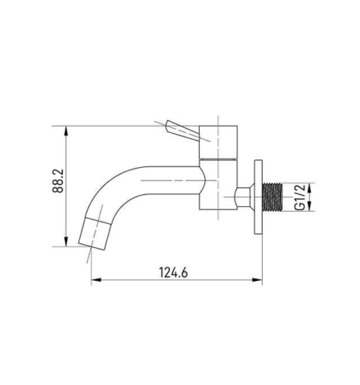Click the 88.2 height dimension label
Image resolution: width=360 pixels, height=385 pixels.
58,181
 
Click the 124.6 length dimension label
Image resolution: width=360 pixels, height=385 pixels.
173,273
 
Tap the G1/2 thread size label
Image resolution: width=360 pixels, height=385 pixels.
300,197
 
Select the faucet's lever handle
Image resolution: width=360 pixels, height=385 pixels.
183,130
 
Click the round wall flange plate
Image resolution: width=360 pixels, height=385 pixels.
258,197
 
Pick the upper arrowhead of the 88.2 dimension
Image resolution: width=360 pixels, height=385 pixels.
66,130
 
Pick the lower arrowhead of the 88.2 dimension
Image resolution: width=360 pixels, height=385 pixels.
66,242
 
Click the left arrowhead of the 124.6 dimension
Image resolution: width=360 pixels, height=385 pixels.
96,280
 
